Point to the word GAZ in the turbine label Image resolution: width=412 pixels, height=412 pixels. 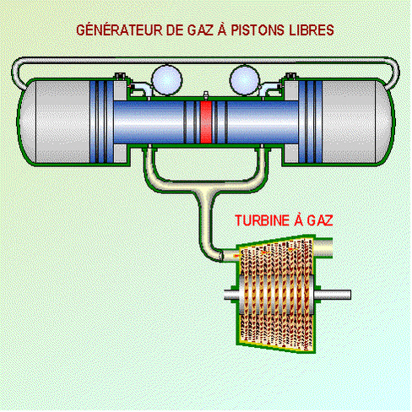pos(320,220)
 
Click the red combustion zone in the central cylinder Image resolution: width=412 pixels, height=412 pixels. pos(206,122)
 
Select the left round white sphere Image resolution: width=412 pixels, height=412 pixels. pos(167,80)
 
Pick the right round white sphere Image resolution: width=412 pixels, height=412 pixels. pos(245,80)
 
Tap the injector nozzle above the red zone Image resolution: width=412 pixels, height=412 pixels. pos(206,95)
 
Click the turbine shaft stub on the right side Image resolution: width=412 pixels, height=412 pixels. pos(333,295)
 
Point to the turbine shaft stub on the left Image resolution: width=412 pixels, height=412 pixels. pos(232,295)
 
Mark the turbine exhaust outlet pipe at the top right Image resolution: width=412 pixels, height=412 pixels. pos(323,247)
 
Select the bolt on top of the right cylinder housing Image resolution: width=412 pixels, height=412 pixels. pos(291,76)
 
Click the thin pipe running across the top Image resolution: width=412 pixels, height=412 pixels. pos(205,60)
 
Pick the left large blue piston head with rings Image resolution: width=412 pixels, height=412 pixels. pos(102,122)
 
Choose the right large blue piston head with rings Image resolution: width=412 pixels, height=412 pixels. pos(311,122)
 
